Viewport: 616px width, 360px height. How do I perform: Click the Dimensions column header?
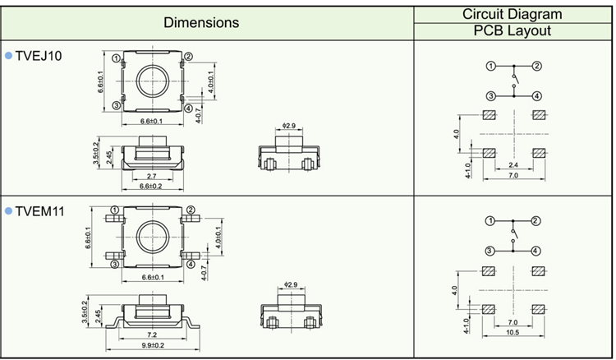click(x=201, y=22)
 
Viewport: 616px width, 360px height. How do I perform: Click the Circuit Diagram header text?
click(x=513, y=13)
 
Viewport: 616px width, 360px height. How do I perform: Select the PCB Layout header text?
click(x=513, y=31)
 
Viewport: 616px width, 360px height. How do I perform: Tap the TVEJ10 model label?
click(x=39, y=56)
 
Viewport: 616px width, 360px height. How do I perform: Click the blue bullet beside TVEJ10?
click(x=9, y=56)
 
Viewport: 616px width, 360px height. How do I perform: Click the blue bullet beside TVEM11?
click(x=9, y=212)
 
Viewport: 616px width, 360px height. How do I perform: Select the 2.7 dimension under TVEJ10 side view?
click(x=151, y=176)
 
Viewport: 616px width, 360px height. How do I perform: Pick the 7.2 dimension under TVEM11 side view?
click(x=150, y=335)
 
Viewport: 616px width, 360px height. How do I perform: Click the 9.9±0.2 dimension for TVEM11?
click(x=150, y=345)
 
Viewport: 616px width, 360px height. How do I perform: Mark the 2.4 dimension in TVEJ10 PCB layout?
click(x=513, y=167)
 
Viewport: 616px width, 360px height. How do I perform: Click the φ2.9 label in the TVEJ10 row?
click(x=287, y=126)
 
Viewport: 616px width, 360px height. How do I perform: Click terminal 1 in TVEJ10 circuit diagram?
click(x=490, y=66)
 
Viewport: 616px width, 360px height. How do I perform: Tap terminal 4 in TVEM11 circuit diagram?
click(x=536, y=250)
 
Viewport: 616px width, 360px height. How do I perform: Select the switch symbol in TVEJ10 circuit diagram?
click(x=513, y=81)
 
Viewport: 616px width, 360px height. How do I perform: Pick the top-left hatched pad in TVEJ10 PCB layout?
click(x=490, y=115)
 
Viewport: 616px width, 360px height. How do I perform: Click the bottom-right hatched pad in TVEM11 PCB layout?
click(x=539, y=309)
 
